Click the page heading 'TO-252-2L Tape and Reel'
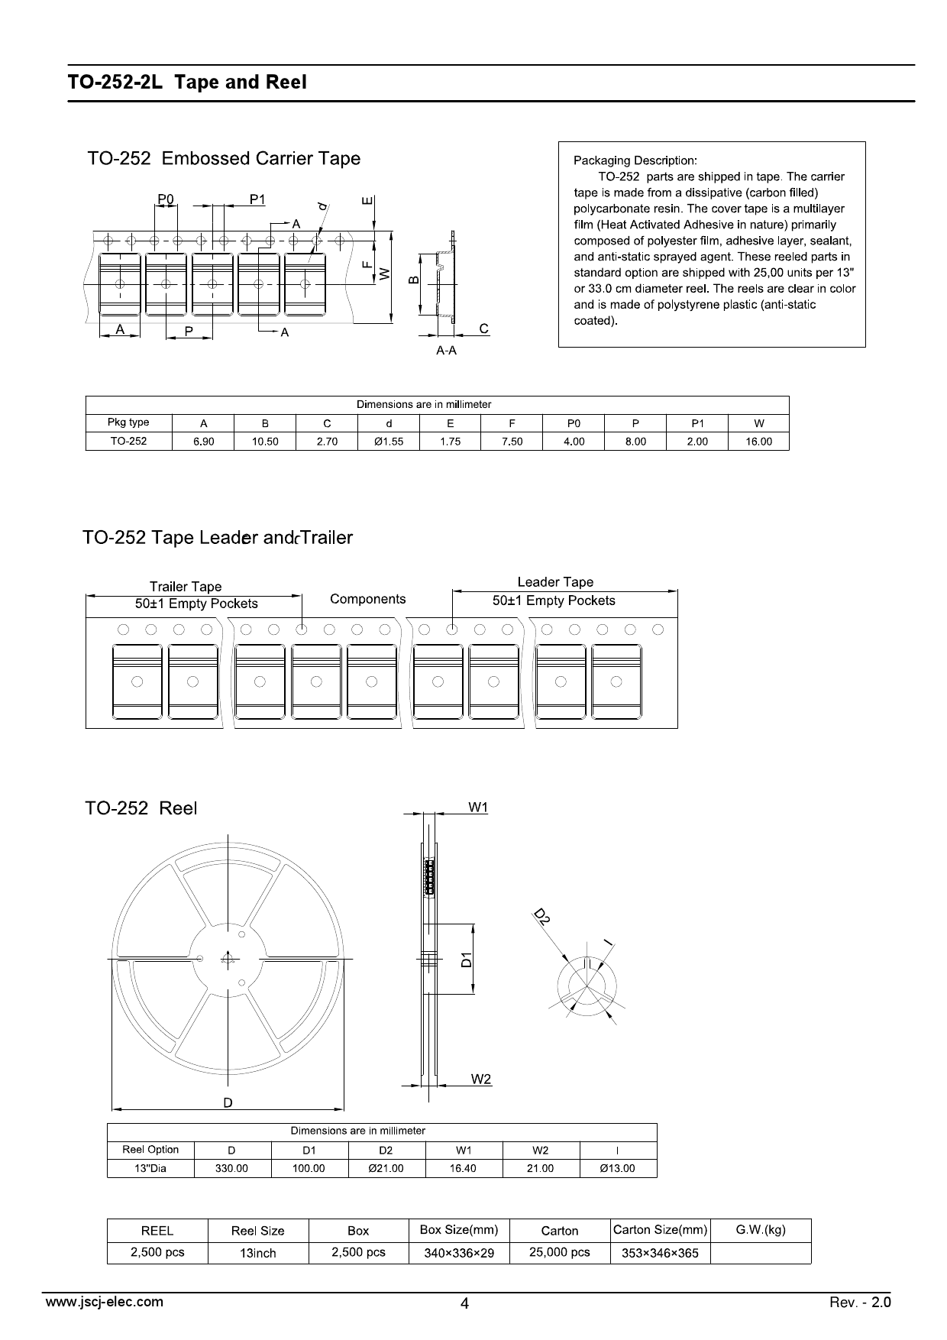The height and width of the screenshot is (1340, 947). pos(187,83)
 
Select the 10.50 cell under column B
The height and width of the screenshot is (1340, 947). pos(265,442)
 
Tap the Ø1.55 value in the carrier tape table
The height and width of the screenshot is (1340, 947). pos(389,442)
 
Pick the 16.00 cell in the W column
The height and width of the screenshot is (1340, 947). pos(758,442)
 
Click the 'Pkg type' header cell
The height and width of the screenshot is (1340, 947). pos(128,422)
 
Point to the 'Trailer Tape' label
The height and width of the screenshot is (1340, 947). pos(186,587)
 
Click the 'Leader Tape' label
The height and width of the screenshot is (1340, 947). pos(555,582)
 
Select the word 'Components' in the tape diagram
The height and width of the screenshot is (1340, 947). pos(368,599)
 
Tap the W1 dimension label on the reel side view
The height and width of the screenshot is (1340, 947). pos(478,808)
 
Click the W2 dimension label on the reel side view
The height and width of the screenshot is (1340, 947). pos(481,1079)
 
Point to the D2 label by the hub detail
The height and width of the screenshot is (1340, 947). pos(541,917)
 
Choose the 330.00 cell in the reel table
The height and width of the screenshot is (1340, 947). pos(232,1168)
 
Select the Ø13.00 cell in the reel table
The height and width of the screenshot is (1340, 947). pos(618,1168)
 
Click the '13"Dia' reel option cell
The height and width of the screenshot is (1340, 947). pos(150,1168)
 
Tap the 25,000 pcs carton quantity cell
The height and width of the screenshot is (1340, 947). pos(560,1252)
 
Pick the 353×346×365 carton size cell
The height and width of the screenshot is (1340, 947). pos(660,1253)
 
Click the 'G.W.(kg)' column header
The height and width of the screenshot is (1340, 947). pos(761,1230)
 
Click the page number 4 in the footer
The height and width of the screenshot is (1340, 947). pos(464,1304)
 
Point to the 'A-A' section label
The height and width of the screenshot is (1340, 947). pos(447,351)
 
